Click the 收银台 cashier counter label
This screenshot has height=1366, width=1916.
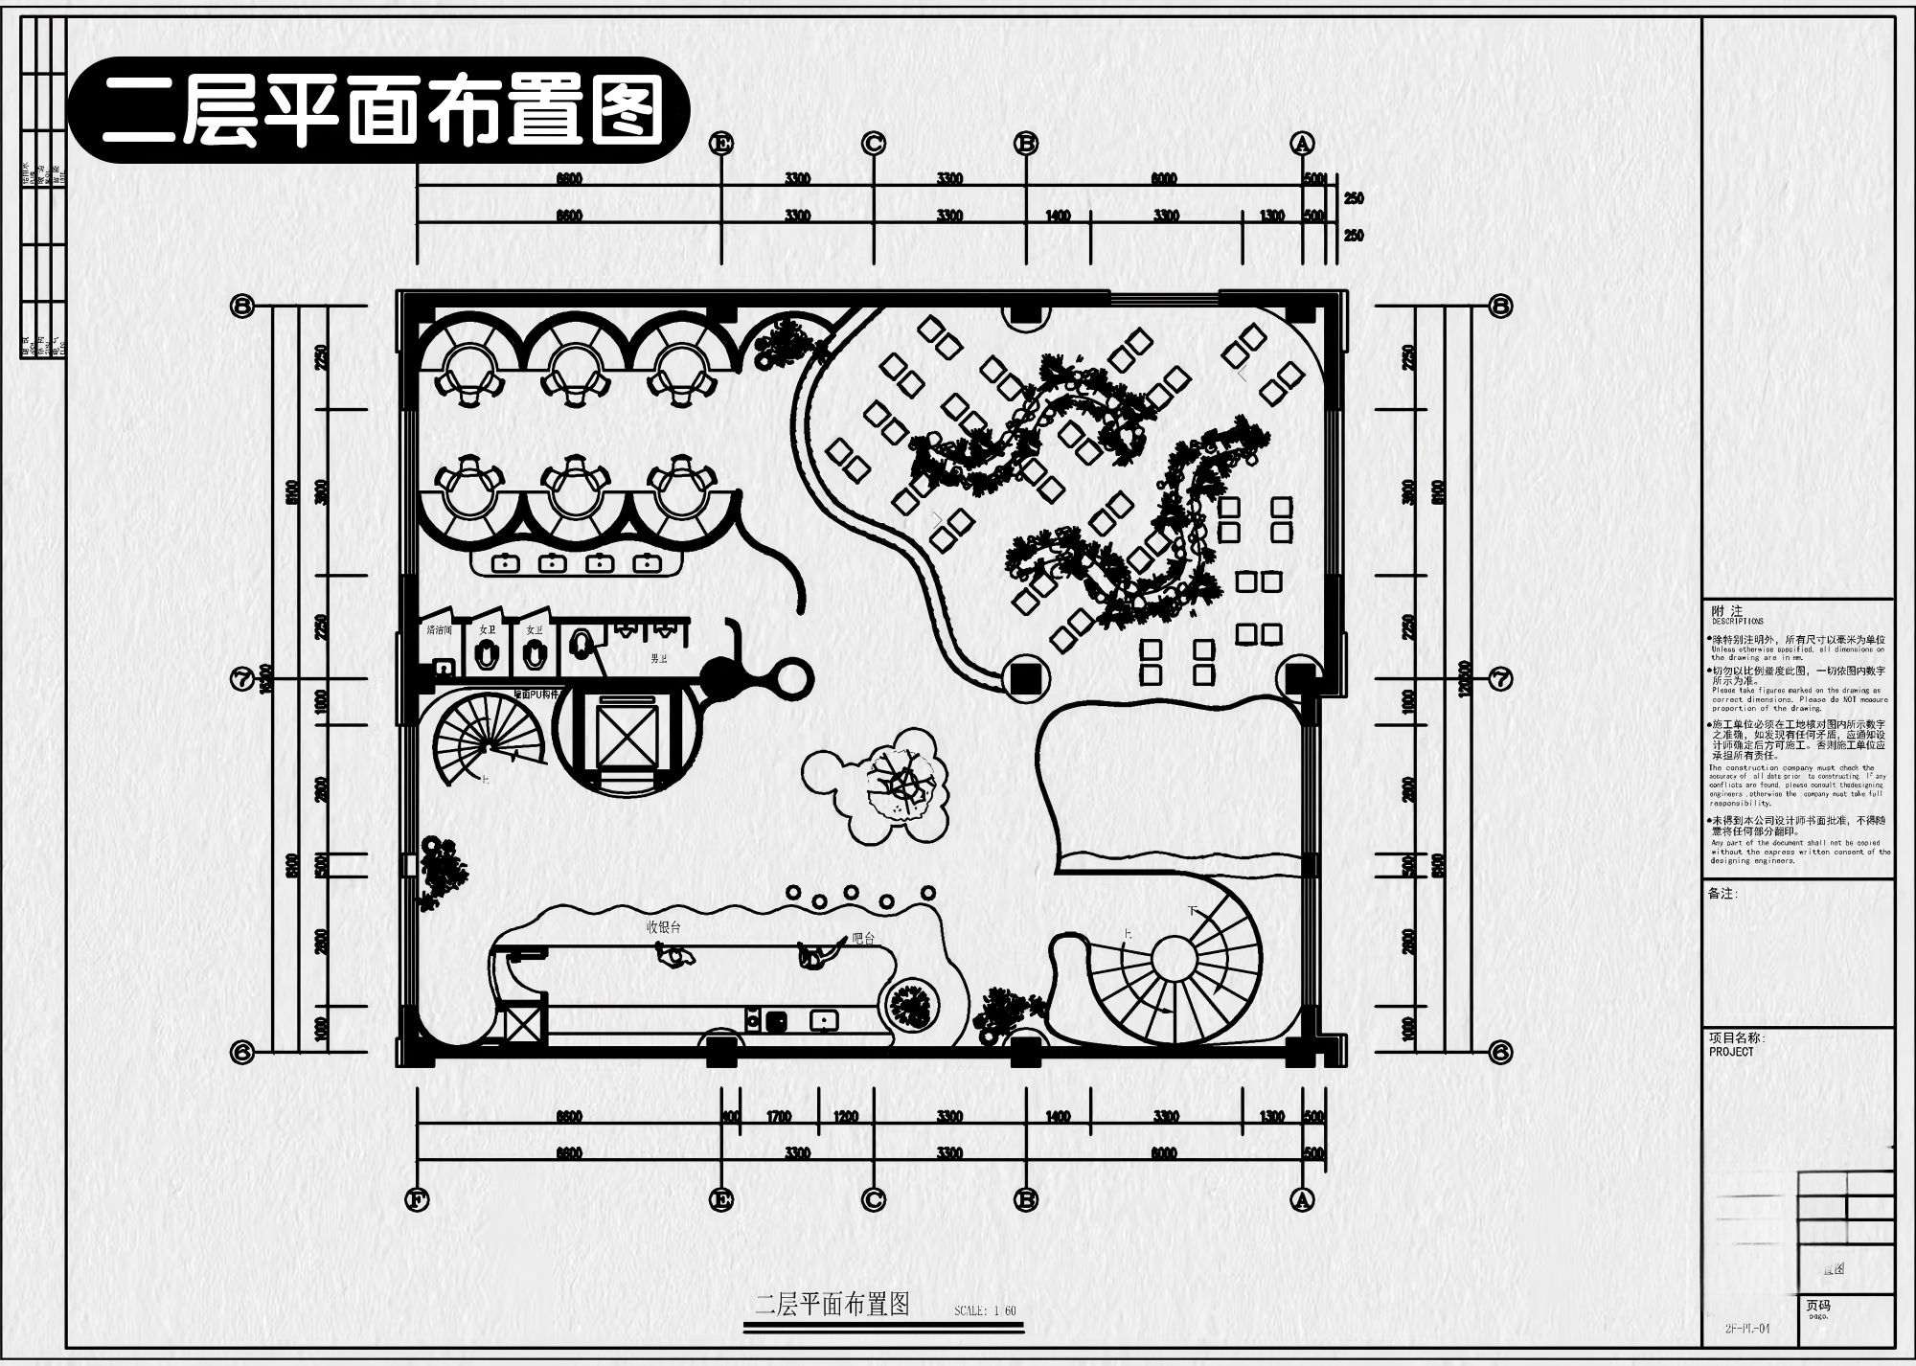663,926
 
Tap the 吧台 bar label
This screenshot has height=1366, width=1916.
863,939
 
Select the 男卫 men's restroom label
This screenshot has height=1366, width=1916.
659,659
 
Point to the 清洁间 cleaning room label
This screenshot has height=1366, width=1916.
439,629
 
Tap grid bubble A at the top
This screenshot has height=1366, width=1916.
1302,144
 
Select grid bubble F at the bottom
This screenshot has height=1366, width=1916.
417,1200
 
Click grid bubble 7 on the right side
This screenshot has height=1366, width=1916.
1500,679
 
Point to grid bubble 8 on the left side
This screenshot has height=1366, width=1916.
242,307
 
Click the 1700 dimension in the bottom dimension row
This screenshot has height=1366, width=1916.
779,1117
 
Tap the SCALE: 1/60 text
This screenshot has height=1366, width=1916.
985,1310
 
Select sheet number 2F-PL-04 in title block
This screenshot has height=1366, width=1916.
1747,1329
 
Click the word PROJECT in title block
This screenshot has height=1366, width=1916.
1731,1052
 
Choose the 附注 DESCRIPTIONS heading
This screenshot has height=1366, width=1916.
1728,613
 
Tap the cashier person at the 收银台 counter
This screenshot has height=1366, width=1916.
675,954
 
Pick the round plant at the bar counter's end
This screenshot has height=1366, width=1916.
911,1005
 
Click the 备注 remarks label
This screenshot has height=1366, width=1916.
1722,894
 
